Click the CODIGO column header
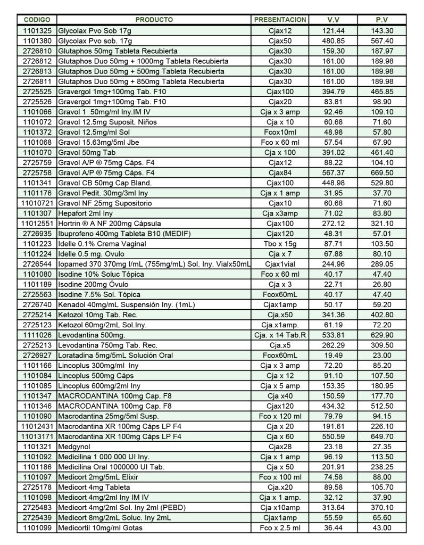[37, 20]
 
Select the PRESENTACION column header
[280, 20]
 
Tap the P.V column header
[381, 20]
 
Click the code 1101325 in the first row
[37, 31]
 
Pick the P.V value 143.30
[382, 31]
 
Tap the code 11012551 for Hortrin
[37, 224]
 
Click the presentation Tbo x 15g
[280, 244]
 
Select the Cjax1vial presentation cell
[280, 264]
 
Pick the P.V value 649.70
[382, 436]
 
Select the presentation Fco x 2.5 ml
[280, 527]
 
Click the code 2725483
[37, 507]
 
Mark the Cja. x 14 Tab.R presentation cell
[280, 335]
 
